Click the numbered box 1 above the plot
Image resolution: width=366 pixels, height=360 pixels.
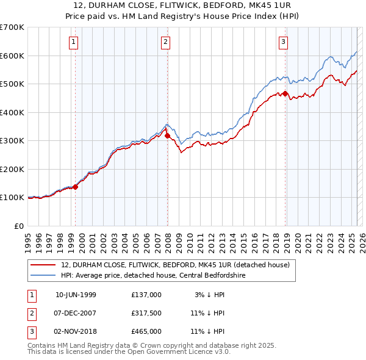pyautogui.click(x=73, y=42)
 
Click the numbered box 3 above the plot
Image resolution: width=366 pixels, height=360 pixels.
pyautogui.click(x=284, y=42)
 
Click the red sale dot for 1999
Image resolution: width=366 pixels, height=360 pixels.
pyautogui.click(x=76, y=187)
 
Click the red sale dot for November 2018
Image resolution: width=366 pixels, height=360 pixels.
pyautogui.click(x=285, y=93)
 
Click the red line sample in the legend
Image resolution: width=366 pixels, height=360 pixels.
pyautogui.click(x=43, y=265)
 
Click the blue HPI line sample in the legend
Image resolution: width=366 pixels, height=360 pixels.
pyautogui.click(x=43, y=275)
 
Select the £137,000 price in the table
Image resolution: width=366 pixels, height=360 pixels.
pyautogui.click(x=146, y=295)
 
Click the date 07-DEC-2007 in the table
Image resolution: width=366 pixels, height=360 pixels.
pyautogui.click(x=76, y=313)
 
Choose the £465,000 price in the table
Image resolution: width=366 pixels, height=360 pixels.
pyautogui.click(x=146, y=331)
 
